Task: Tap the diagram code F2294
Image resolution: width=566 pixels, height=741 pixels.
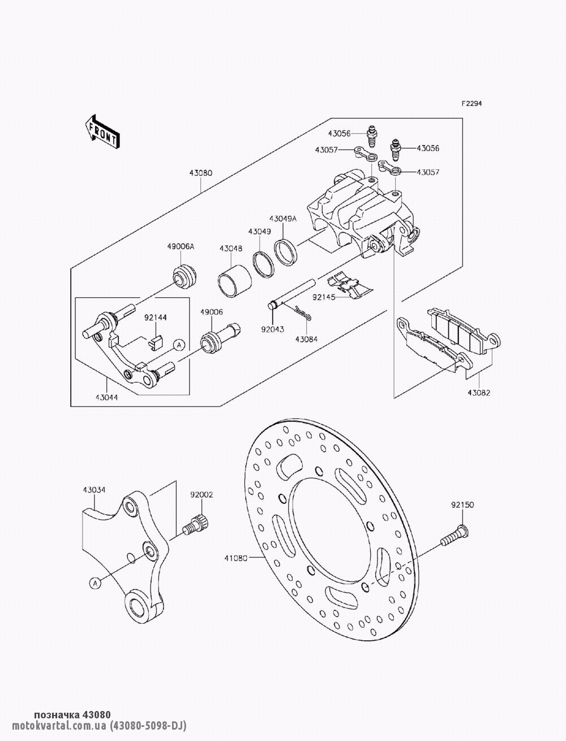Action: [472, 104]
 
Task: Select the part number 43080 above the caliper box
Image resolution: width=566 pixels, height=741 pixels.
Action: [201, 173]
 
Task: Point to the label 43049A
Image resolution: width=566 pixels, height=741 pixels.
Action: [283, 219]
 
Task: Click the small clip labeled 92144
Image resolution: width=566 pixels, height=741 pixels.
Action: [156, 341]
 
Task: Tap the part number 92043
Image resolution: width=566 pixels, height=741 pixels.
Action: [272, 329]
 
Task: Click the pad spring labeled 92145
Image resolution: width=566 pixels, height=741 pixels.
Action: [351, 285]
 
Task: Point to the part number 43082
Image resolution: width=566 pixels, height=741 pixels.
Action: [479, 393]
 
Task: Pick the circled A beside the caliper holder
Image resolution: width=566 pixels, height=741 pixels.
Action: [179, 344]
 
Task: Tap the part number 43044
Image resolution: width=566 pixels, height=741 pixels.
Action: [106, 398]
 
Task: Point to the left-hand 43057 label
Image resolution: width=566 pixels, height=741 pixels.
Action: [327, 150]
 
